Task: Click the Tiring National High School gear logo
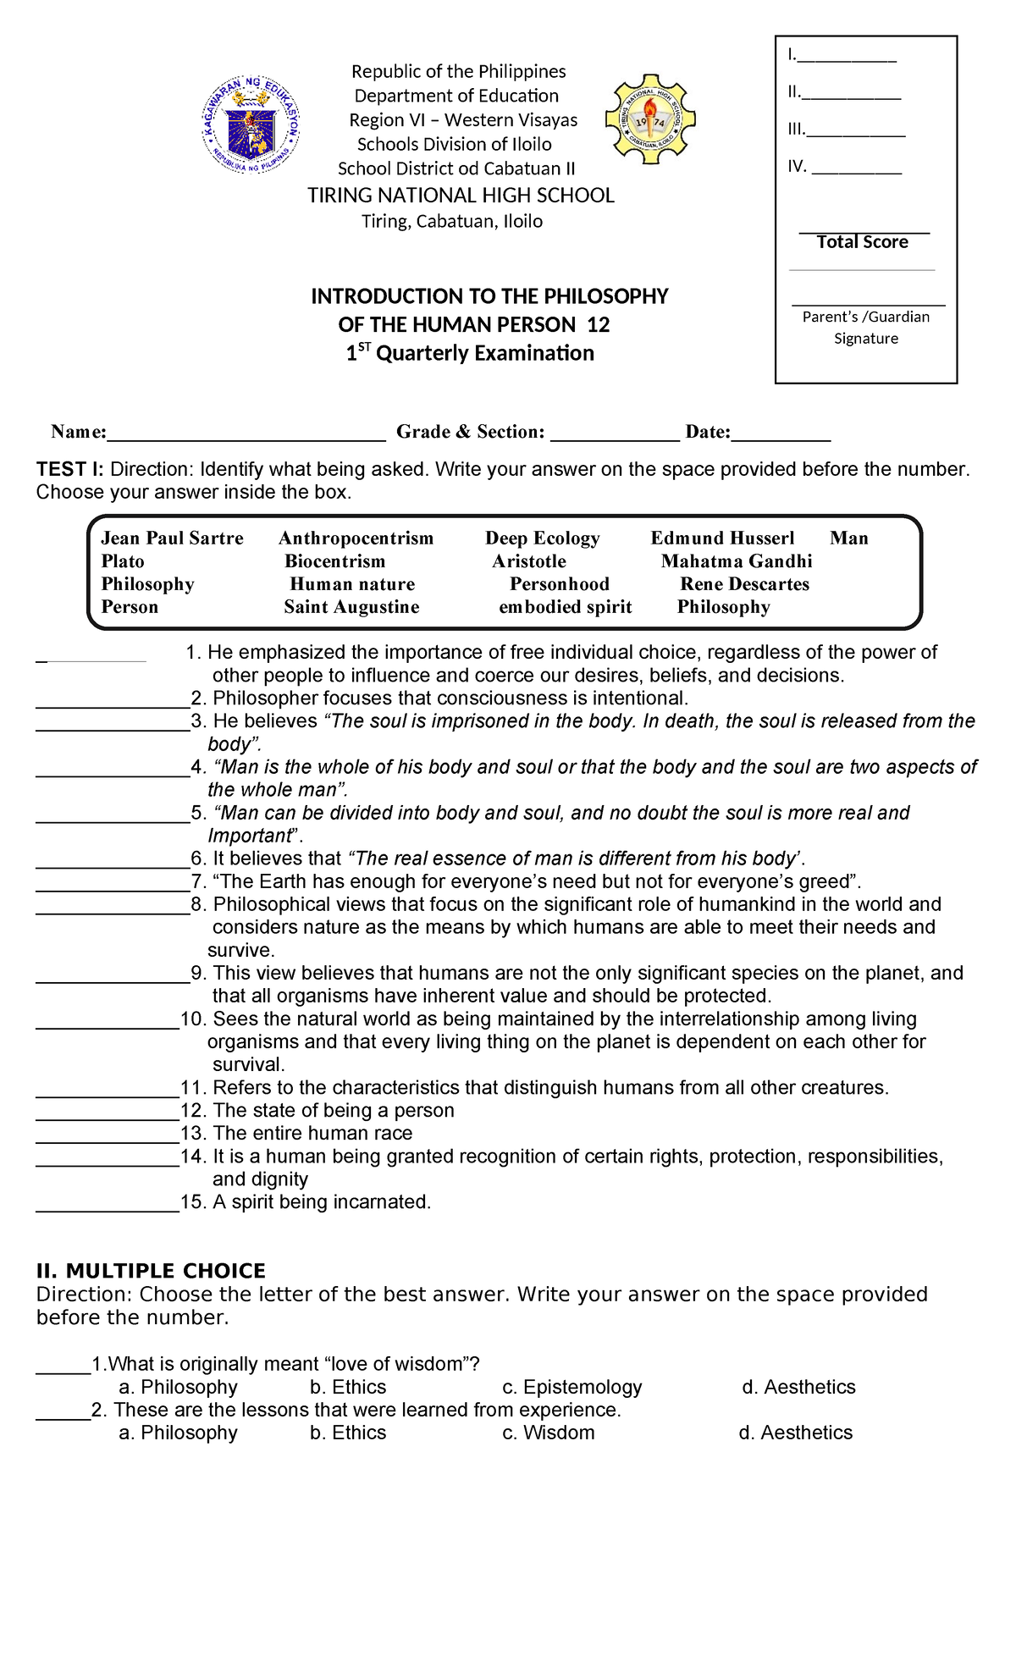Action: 650,120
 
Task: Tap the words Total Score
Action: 862,242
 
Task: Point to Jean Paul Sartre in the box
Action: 172,538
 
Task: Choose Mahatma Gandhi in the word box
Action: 737,561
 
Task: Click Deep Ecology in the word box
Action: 542,538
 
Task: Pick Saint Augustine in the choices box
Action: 351,607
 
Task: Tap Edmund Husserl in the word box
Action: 722,538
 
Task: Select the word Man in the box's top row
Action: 848,538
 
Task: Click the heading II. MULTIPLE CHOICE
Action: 151,1271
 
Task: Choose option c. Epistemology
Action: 572,1387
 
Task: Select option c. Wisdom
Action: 549,1433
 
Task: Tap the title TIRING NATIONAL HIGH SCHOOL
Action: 461,196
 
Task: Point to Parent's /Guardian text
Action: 865,317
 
